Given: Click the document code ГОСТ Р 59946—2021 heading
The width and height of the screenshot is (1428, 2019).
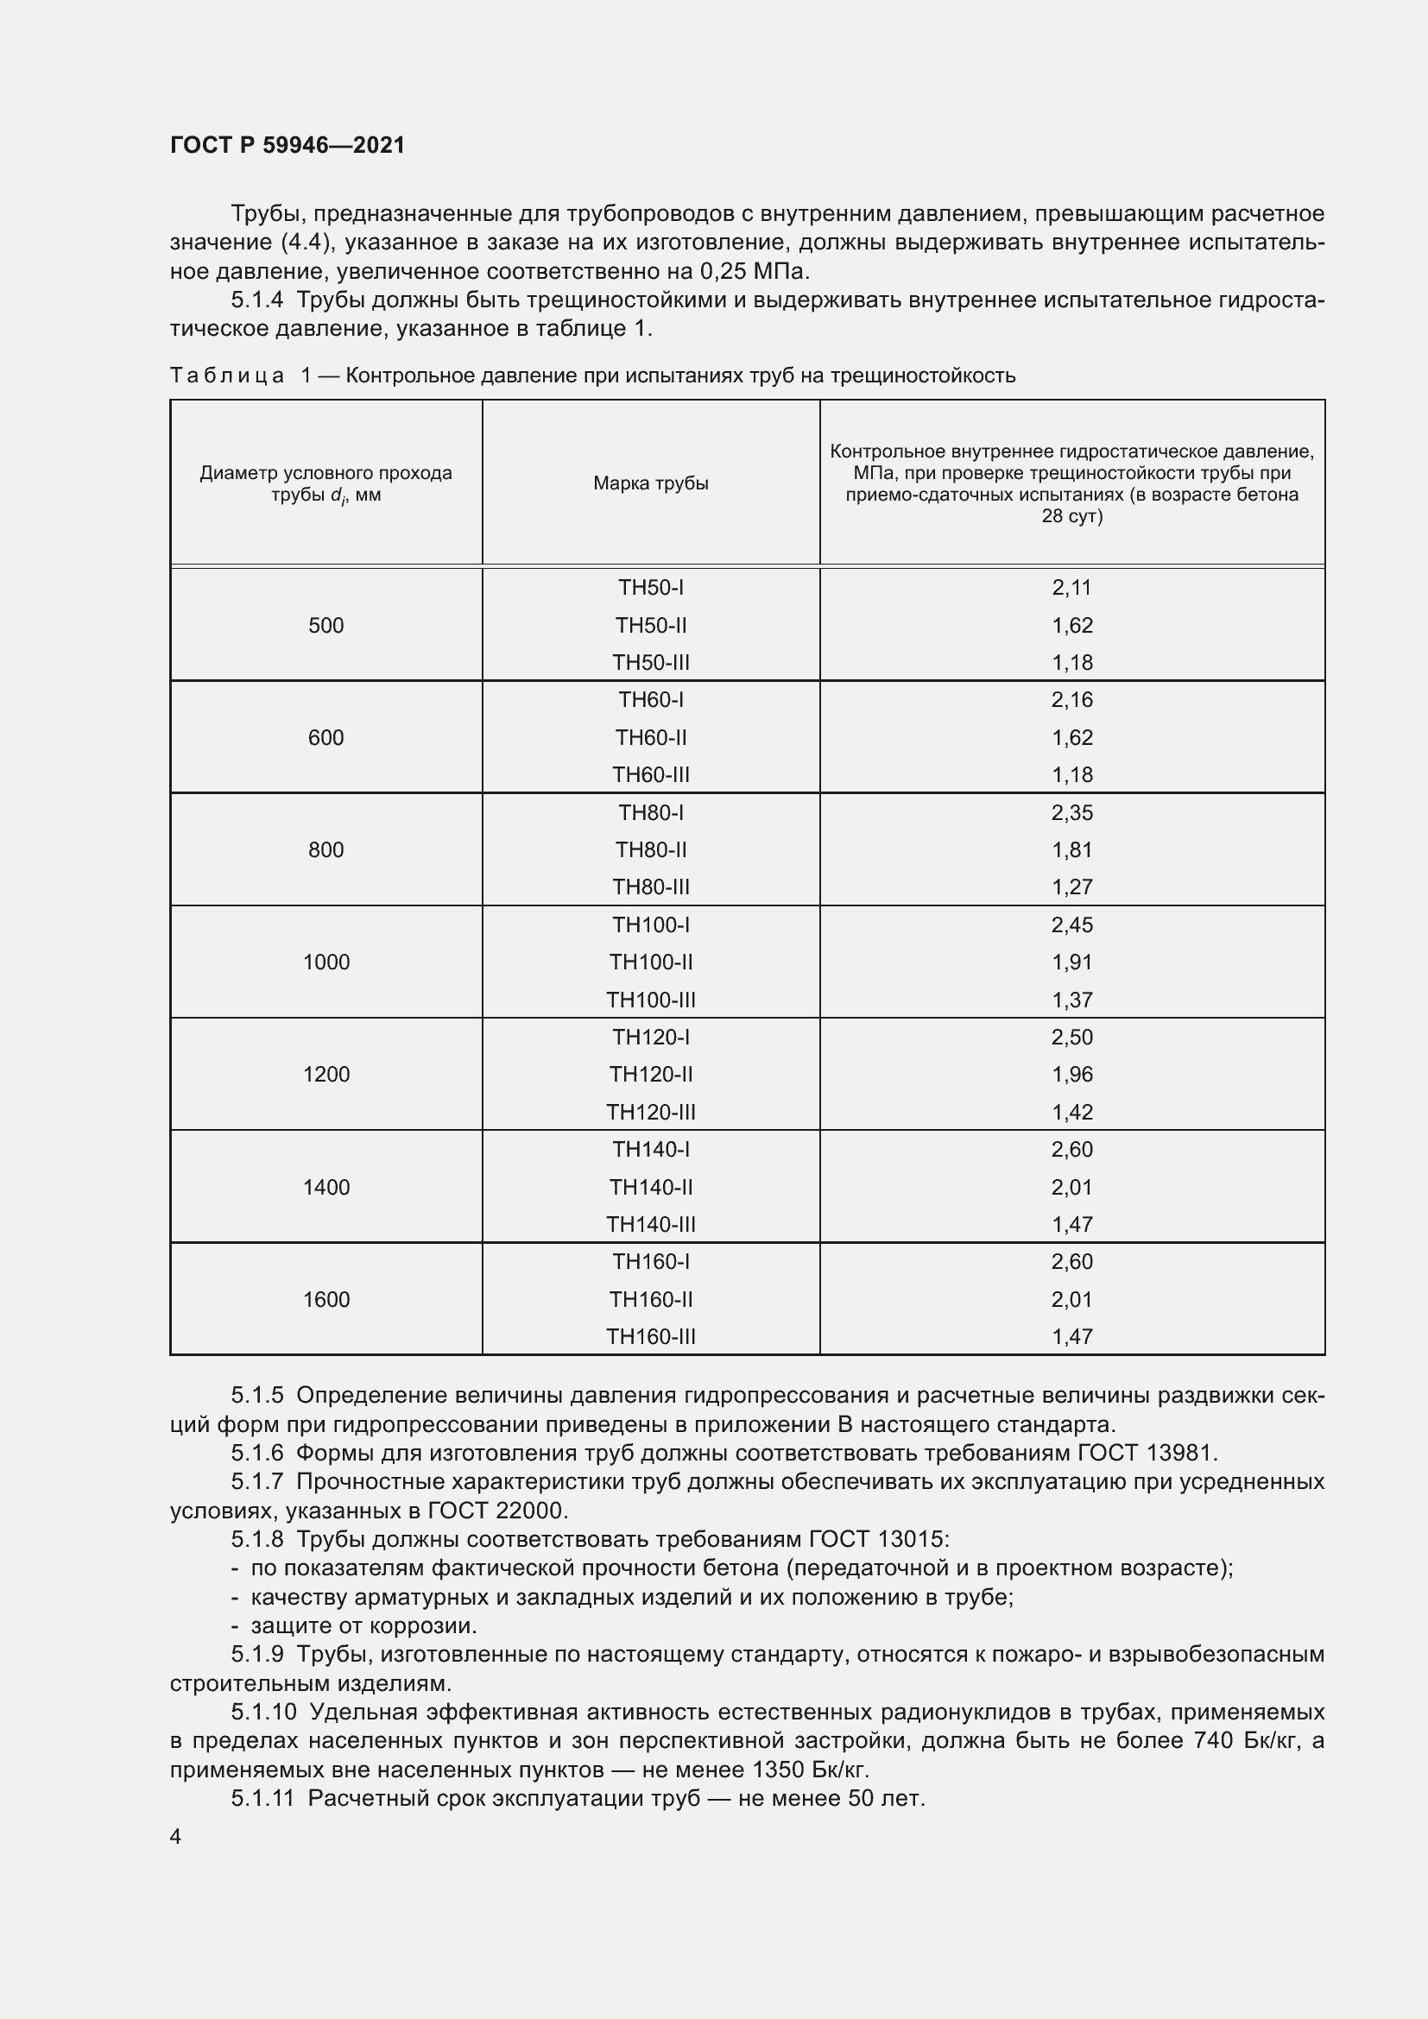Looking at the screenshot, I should pos(287,145).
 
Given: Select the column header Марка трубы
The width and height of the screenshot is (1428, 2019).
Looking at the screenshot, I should pos(651,483).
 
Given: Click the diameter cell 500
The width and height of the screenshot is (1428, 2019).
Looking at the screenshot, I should pos(326,625).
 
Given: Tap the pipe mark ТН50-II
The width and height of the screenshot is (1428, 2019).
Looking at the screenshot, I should pos(651,625).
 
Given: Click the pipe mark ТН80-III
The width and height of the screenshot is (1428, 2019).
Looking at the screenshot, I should pos(651,886).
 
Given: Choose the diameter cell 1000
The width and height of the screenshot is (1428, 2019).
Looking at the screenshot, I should pos(326,962).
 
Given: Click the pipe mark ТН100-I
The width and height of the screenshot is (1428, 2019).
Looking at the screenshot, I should pos(651,925).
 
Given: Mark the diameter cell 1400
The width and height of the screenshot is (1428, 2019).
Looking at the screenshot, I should pos(326,1187).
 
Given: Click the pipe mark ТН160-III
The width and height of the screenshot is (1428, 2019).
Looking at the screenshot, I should pos(651,1336).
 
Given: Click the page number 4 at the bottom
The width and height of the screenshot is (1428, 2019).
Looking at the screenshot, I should pos(176,1837).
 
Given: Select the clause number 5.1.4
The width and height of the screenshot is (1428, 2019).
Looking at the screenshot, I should pos(256,300).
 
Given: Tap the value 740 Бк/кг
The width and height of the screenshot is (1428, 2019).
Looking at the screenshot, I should pos(1241,1740).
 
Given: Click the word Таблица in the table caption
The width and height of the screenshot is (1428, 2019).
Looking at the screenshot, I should pos(227,375).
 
